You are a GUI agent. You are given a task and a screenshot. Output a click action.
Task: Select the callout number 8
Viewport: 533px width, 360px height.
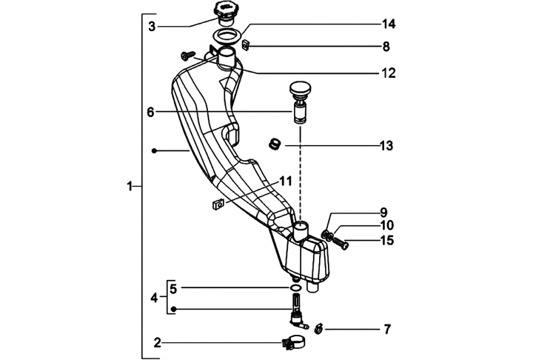(386, 47)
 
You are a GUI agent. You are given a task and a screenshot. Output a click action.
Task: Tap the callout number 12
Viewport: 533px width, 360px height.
(388, 73)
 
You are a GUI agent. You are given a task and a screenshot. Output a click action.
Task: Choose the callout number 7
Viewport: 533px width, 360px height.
(386, 328)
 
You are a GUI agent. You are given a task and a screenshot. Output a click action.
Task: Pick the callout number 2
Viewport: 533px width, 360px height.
(157, 343)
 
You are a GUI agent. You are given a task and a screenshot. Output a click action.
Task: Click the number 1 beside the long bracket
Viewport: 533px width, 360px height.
(130, 187)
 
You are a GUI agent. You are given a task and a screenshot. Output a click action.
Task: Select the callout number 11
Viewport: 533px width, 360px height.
(285, 181)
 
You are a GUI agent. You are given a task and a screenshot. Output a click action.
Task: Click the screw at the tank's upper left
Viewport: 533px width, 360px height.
(187, 53)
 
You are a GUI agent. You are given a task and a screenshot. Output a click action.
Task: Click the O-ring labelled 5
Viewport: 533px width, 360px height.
(295, 287)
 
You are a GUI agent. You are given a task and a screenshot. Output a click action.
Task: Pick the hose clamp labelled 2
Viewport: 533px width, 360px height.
(293, 343)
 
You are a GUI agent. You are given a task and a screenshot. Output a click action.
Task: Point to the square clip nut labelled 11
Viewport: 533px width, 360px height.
(218, 204)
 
